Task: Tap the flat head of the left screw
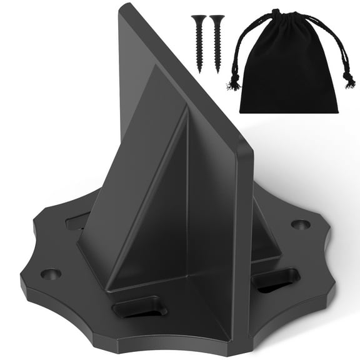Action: pyautogui.click(x=199, y=17)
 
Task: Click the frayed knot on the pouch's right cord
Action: pyautogui.click(x=349, y=79)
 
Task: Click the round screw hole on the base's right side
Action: pyautogui.click(x=301, y=224)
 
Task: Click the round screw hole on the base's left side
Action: pyautogui.click(x=51, y=274)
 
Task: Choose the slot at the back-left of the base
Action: pyautogui.click(x=77, y=221)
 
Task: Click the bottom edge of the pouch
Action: pyautogui.click(x=289, y=111)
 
